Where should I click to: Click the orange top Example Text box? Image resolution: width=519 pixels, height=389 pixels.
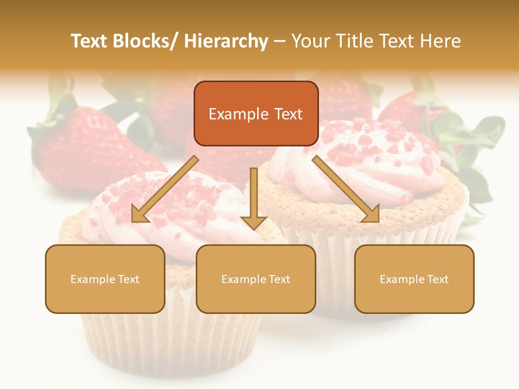click(256, 113)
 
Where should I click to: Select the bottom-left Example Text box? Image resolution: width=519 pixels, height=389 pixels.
click(105, 279)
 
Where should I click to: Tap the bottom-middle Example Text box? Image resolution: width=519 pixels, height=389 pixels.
click(255, 279)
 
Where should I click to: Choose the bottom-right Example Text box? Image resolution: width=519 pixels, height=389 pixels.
click(414, 279)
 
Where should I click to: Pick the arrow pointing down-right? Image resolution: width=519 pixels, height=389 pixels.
click(346, 189)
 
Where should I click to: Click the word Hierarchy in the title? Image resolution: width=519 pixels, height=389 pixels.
click(227, 41)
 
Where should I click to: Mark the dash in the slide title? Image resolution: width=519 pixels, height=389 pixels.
click(280, 41)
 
